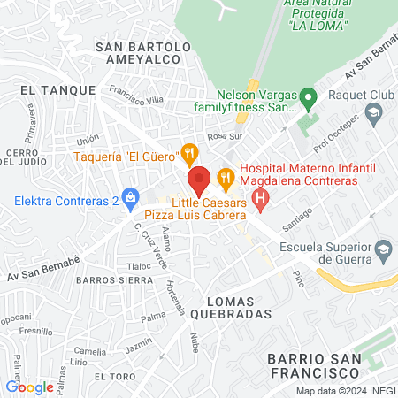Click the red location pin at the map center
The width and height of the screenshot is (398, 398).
pyautogui.click(x=199, y=180)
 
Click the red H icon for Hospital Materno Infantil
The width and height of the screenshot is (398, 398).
pyautogui.click(x=260, y=201)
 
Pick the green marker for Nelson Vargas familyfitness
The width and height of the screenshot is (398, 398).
pyautogui.click(x=307, y=96)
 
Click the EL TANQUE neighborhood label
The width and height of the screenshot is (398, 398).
pyautogui.click(x=50, y=89)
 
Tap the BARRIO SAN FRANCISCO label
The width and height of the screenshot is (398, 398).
pyautogui.click(x=314, y=366)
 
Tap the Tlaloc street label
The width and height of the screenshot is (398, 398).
pyautogui.click(x=139, y=265)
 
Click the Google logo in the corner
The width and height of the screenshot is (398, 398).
pyautogui.click(x=29, y=387)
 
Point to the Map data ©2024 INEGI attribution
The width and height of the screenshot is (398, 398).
pyautogui.click(x=344, y=391)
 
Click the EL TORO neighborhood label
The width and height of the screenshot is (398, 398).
pyautogui.click(x=112, y=376)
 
